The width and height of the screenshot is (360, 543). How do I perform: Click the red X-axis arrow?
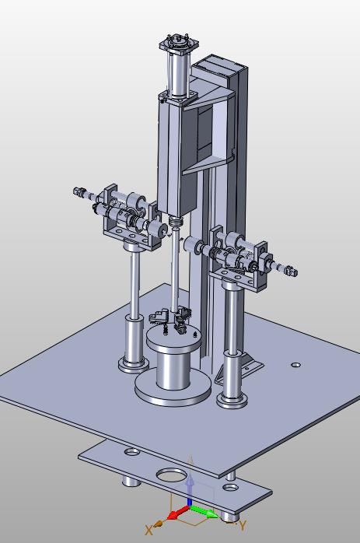pyautogui.click(x=178, y=513)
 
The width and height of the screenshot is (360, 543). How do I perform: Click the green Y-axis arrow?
pyautogui.click(x=204, y=511)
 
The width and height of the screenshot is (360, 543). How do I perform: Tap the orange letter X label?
pyautogui.click(x=149, y=530)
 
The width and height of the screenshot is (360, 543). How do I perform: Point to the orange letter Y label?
pyautogui.click(x=243, y=526)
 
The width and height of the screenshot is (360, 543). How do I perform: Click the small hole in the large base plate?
pyautogui.click(x=295, y=365)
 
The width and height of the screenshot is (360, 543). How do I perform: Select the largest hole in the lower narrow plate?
pyautogui.click(x=172, y=475)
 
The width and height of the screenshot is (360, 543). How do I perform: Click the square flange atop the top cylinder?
pyautogui.click(x=179, y=44)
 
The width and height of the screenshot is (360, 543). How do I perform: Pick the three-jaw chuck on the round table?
pyautogui.click(x=170, y=319)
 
